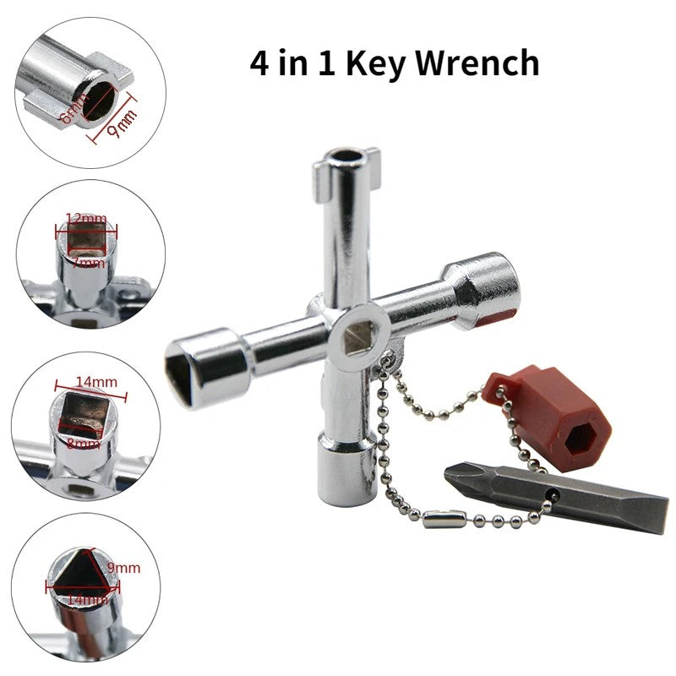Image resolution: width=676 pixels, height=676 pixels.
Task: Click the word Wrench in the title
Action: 479,64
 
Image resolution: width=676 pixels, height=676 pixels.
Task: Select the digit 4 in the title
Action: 260,64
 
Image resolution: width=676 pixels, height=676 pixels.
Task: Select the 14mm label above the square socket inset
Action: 95,382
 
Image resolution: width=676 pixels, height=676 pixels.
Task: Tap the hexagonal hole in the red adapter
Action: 581,437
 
